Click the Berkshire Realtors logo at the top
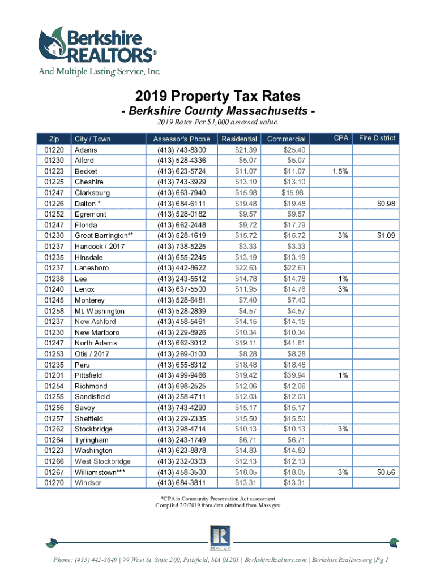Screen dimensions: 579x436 click(x=96, y=48)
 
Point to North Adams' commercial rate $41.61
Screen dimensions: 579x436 click(x=294, y=343)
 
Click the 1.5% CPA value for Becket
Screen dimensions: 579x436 click(x=340, y=171)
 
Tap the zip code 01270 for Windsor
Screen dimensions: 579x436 click(x=55, y=483)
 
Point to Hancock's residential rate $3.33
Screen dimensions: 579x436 click(x=249, y=247)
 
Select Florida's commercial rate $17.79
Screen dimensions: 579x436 click(x=294, y=225)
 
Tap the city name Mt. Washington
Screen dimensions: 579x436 click(x=99, y=311)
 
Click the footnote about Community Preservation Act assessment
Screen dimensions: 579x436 click(x=217, y=498)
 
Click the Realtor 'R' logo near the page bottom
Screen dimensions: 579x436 click(x=217, y=538)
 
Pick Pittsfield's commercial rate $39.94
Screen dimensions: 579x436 click(x=294, y=375)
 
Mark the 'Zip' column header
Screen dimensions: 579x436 click(x=54, y=139)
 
